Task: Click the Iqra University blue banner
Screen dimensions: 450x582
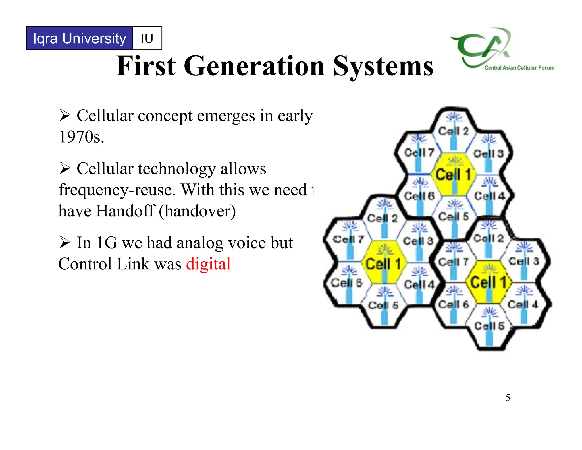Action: (x=80, y=38)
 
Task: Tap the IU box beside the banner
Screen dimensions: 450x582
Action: (x=147, y=38)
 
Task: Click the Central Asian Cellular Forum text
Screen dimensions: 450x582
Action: (x=519, y=68)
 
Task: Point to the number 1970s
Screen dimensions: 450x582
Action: (x=81, y=137)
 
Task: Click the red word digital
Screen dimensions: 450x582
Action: (x=208, y=264)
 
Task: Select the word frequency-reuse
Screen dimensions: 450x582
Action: (x=117, y=190)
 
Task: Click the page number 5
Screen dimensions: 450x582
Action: (x=508, y=398)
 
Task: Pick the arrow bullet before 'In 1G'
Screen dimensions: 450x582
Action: (x=65, y=243)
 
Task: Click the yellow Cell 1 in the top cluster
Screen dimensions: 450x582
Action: (x=453, y=174)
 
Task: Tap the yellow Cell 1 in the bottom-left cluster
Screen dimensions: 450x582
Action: (x=383, y=264)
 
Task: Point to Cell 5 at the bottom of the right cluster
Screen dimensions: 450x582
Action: (x=489, y=326)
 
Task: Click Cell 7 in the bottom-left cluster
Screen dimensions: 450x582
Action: (x=348, y=239)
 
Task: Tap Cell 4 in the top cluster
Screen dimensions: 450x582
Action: (x=489, y=196)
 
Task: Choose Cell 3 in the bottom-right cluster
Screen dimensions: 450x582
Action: (x=524, y=261)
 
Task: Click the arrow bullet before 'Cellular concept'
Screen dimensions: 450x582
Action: (x=65, y=115)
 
